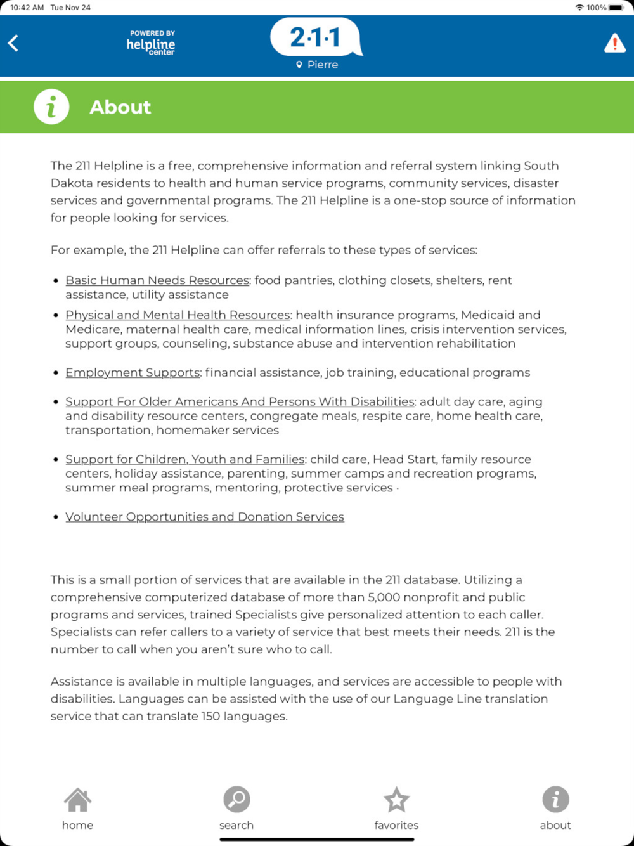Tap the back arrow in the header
pyautogui.click(x=13, y=43)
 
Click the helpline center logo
pyautogui.click(x=151, y=43)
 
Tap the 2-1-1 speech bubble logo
pyautogui.click(x=315, y=37)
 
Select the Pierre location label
pyautogui.click(x=317, y=65)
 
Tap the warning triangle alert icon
pyautogui.click(x=614, y=44)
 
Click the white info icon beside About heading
pyautogui.click(x=51, y=107)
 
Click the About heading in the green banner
pyautogui.click(x=120, y=107)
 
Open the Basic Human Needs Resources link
pyautogui.click(x=157, y=280)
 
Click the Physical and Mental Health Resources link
pyautogui.click(x=178, y=315)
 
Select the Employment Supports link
pyautogui.click(x=133, y=373)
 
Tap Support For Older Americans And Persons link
pyautogui.click(x=240, y=402)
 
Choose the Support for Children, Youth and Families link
pyautogui.click(x=184, y=459)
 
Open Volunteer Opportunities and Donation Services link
pyautogui.click(x=205, y=517)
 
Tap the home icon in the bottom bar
pyautogui.click(x=77, y=800)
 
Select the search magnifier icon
pyautogui.click(x=236, y=800)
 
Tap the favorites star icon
pyautogui.click(x=396, y=800)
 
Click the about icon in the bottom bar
pyautogui.click(x=555, y=800)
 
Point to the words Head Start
pyautogui.click(x=402, y=459)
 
